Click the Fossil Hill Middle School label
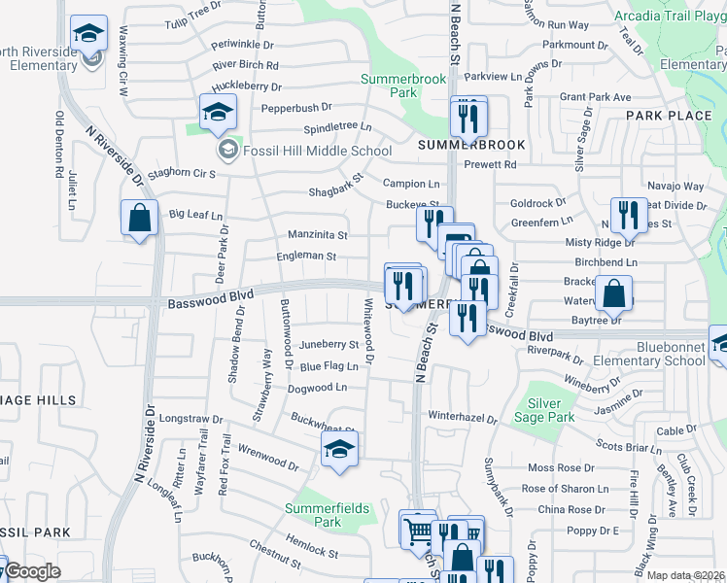(316, 151)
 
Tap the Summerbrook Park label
(402, 86)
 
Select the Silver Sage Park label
(550, 410)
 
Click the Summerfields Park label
(328, 515)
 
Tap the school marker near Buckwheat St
(339, 450)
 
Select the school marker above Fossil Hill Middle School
(219, 113)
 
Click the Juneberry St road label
(329, 344)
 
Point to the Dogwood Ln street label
(317, 388)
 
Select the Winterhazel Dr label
(463, 420)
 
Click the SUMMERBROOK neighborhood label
(471, 145)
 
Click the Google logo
(32, 572)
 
